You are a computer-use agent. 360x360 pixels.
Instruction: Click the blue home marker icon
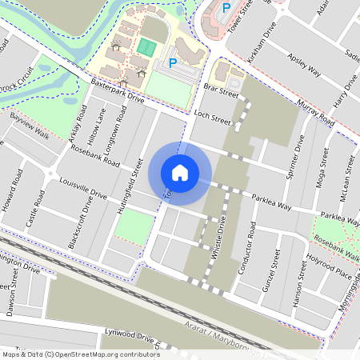(x=180, y=172)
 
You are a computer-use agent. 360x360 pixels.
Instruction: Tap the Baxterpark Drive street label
(x=117, y=90)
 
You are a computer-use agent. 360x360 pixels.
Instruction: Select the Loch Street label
(x=212, y=118)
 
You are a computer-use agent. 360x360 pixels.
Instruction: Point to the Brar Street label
(x=222, y=94)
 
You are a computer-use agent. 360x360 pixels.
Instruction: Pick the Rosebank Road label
(x=94, y=155)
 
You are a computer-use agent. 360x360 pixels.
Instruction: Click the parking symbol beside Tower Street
(x=226, y=7)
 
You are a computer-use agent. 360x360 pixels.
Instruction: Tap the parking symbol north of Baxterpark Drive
(x=172, y=63)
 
